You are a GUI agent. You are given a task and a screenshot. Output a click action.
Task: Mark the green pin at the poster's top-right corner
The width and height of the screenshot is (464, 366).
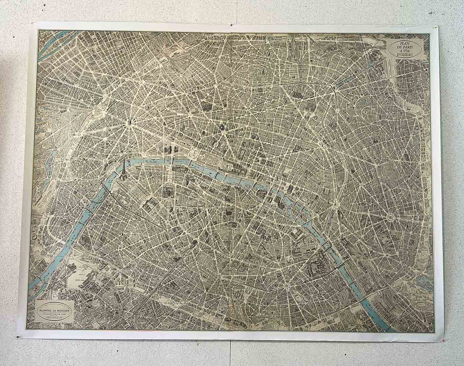[436, 27]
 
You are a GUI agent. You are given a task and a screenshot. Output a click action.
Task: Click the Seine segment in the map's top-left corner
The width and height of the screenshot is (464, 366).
[54, 43]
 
